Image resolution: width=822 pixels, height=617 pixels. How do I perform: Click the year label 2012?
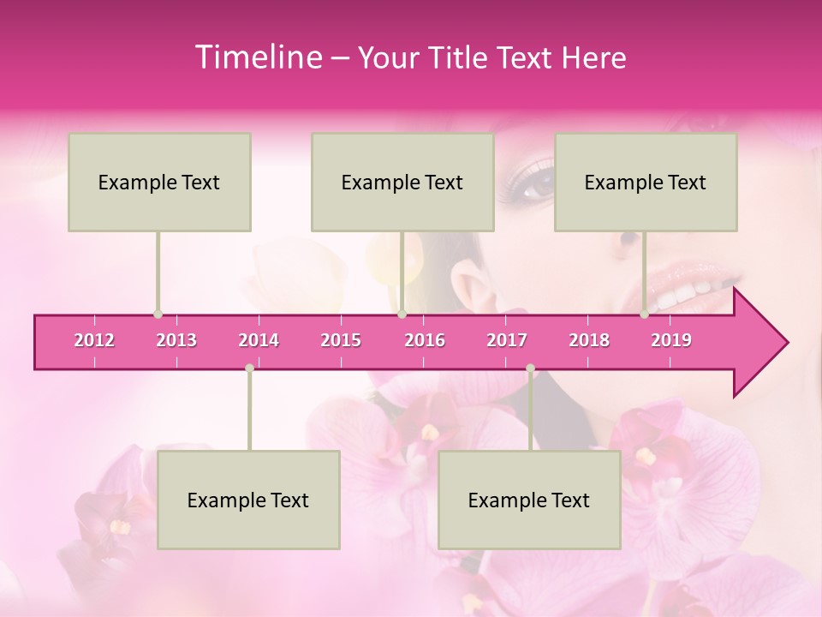(x=94, y=340)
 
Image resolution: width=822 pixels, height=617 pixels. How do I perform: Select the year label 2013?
(x=176, y=340)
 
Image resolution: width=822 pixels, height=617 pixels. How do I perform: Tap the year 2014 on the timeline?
(x=259, y=340)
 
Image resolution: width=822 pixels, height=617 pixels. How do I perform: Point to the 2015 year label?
(x=341, y=340)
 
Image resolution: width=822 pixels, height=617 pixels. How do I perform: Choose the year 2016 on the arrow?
(x=425, y=340)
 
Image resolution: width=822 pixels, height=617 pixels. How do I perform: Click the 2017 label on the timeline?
(x=507, y=340)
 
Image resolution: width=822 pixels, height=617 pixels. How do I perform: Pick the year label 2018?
(x=589, y=340)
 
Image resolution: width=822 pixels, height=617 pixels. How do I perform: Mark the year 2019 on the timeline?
(x=671, y=340)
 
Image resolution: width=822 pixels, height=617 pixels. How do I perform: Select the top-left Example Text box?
(x=159, y=182)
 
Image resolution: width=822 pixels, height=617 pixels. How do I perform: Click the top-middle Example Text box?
(x=402, y=182)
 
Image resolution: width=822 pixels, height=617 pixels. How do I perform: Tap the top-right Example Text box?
(x=646, y=182)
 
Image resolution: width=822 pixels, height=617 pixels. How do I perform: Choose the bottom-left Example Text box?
(x=248, y=500)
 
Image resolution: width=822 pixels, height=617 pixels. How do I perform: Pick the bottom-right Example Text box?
(x=529, y=500)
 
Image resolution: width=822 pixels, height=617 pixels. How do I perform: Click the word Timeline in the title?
(x=257, y=57)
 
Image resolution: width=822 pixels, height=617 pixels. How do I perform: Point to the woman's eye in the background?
(x=537, y=183)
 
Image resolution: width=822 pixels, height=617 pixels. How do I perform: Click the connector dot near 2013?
(x=158, y=314)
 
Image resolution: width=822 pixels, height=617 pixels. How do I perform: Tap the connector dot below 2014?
(x=249, y=368)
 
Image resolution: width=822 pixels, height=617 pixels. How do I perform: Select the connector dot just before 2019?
(x=645, y=314)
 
